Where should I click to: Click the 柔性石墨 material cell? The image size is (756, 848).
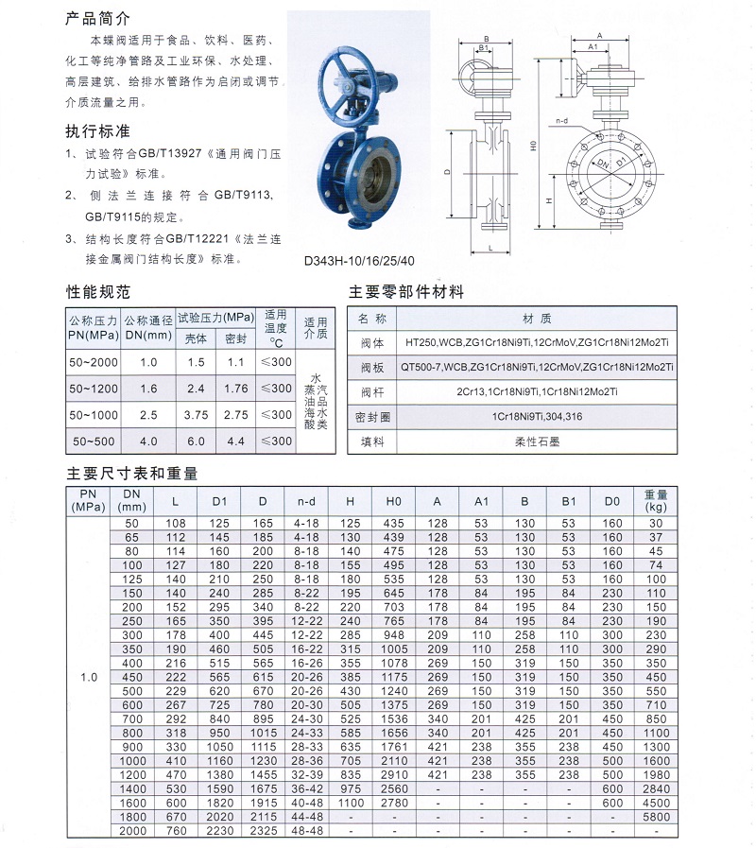point(537,441)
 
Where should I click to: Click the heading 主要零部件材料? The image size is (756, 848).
point(406,292)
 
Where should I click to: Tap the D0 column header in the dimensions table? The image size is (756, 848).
point(612,500)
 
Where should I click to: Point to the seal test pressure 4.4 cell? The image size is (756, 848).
point(235,441)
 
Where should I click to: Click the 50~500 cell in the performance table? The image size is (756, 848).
point(92,441)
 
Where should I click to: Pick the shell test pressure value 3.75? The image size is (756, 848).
point(196,414)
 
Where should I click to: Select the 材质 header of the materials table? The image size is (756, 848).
point(537,319)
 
